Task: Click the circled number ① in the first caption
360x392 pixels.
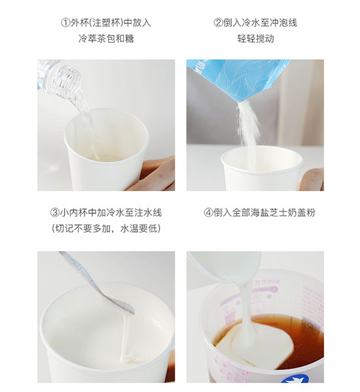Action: (x=65, y=23)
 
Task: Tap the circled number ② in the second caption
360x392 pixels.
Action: (x=218, y=23)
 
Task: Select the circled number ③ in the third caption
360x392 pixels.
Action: (x=55, y=213)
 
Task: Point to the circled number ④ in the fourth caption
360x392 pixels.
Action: (x=208, y=213)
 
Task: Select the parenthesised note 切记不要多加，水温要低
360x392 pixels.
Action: (x=106, y=228)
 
